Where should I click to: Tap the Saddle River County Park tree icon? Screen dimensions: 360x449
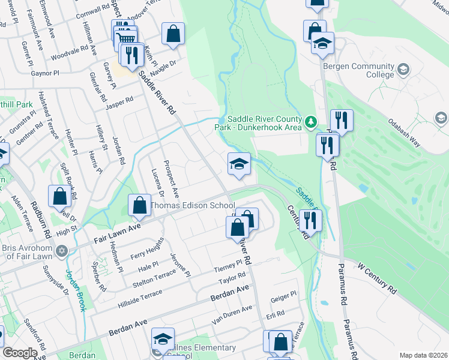(x=310, y=123)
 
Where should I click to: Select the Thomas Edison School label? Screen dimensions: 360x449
(x=192, y=206)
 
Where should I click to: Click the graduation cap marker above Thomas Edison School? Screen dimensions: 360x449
(x=239, y=164)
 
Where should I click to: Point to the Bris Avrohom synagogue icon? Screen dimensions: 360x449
(x=61, y=251)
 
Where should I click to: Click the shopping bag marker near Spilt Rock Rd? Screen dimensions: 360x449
(x=60, y=197)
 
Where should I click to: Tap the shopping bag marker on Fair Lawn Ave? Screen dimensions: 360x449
(x=139, y=206)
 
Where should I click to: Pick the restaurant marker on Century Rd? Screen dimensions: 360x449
(x=310, y=220)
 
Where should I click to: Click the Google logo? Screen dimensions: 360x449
(x=20, y=353)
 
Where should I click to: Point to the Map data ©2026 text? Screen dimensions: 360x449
(x=423, y=355)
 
